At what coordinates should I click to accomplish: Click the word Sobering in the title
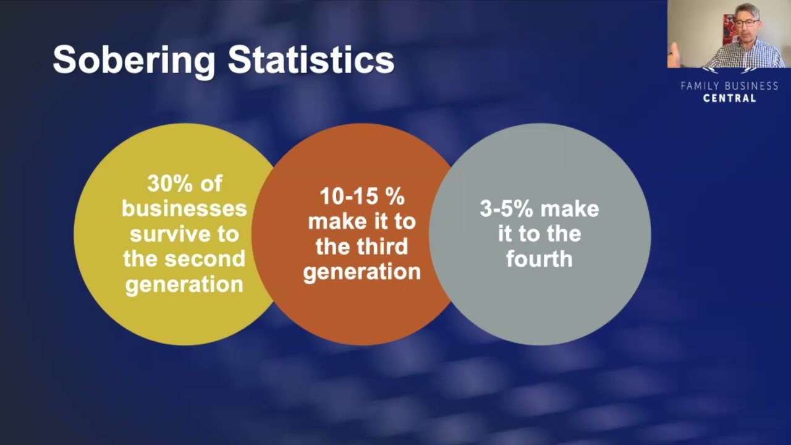[134, 61]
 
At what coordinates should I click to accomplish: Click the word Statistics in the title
[311, 59]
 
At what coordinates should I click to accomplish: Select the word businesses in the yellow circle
[184, 209]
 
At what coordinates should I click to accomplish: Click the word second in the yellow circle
[205, 258]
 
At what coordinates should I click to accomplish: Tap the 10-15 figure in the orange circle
[348, 197]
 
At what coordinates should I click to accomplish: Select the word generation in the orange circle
[362, 273]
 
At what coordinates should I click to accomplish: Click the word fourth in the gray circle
[539, 259]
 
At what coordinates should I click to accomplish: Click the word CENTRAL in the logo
[730, 98]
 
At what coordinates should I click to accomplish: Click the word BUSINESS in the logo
[751, 86]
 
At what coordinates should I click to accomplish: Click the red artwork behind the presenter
[729, 28]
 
